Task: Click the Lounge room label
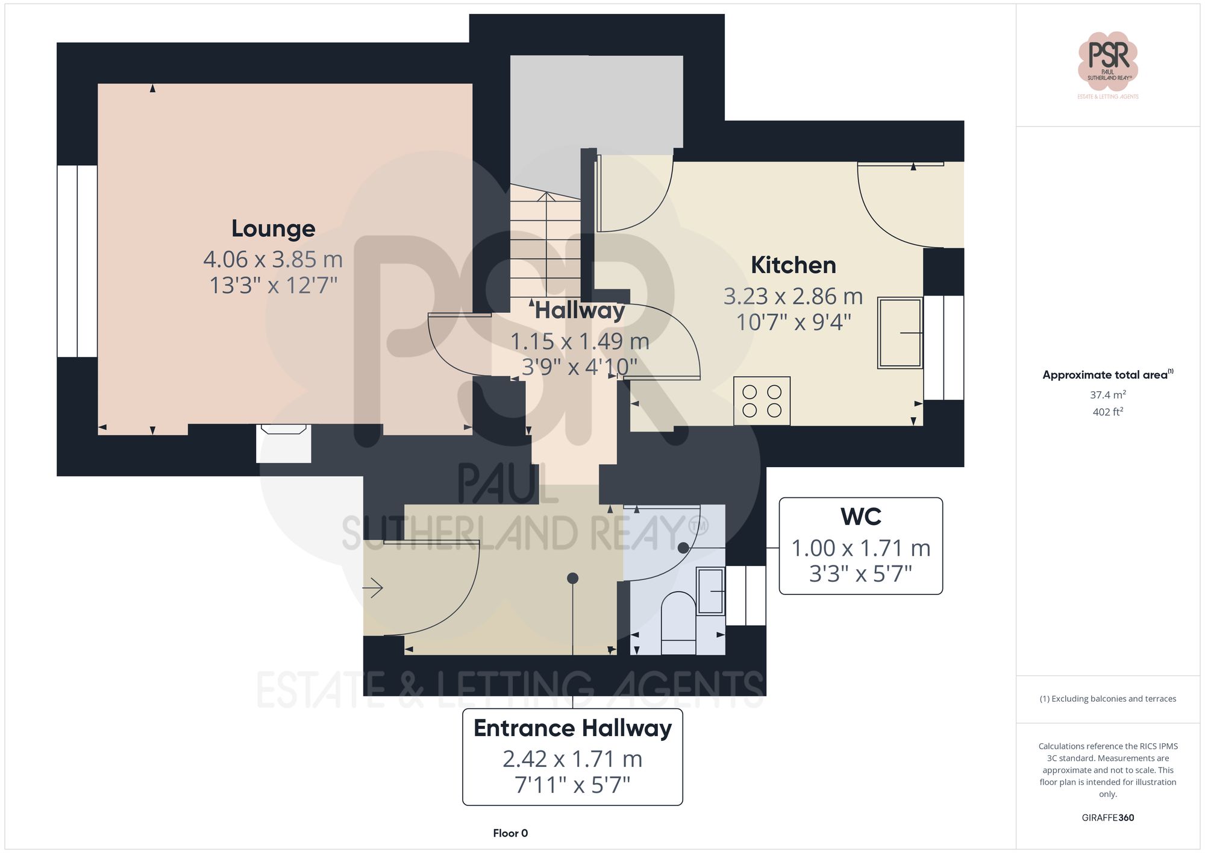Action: coord(273,228)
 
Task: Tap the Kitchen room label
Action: coord(793,265)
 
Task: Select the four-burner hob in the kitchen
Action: coord(762,401)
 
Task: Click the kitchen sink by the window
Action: coord(900,333)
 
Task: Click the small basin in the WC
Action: coord(710,591)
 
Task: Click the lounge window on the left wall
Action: coord(77,261)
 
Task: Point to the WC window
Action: coord(745,595)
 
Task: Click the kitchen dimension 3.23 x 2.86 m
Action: coord(793,297)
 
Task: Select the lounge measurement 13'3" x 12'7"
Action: coord(273,285)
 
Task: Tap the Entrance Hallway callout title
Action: coord(572,728)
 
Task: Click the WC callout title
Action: coord(860,517)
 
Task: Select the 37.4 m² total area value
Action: coord(1107,395)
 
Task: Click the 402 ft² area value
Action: coord(1107,412)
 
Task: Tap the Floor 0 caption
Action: coord(510,833)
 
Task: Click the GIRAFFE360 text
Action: coord(1107,817)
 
